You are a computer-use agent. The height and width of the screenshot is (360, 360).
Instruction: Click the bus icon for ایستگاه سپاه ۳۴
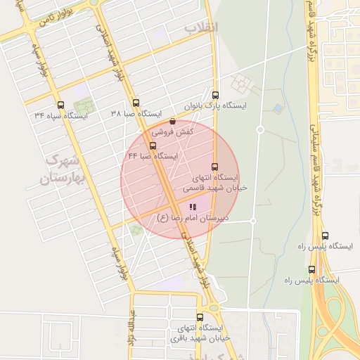pyautogui.click(x=60, y=104)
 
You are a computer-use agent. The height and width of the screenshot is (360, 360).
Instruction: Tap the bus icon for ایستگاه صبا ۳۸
pyautogui.click(x=136, y=103)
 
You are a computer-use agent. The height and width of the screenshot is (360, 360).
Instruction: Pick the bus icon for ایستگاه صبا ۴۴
pyautogui.click(x=153, y=146)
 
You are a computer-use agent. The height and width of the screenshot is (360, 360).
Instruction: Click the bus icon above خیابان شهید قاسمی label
pyautogui.click(x=215, y=167)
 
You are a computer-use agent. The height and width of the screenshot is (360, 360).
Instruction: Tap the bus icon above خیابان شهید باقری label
pyautogui.click(x=200, y=317)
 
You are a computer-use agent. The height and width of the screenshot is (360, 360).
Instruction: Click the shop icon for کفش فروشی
pyautogui.click(x=173, y=122)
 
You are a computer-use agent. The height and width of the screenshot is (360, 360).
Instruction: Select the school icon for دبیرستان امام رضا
pyautogui.click(x=193, y=207)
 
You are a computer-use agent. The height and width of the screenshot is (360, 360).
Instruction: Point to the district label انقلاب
pyautogui.click(x=202, y=27)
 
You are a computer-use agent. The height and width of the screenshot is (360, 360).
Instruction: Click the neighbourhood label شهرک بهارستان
pyautogui.click(x=63, y=170)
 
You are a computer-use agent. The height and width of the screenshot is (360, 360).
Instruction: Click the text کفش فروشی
pyautogui.click(x=173, y=131)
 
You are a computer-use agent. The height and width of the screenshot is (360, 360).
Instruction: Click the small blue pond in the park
pyautogui.click(x=279, y=108)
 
